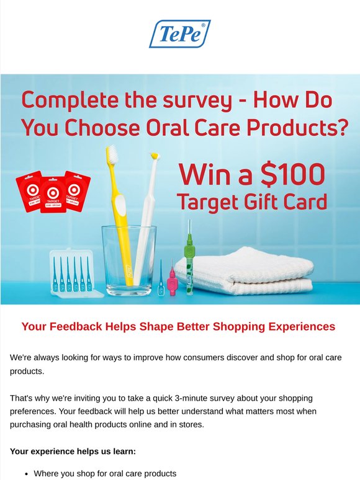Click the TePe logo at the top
click(180, 33)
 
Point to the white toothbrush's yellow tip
click(156, 156)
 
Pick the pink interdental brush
click(172, 280)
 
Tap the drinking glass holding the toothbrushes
click(129, 261)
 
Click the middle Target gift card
click(53, 195)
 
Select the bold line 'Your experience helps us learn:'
click(73, 451)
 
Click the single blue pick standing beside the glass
click(161, 278)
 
